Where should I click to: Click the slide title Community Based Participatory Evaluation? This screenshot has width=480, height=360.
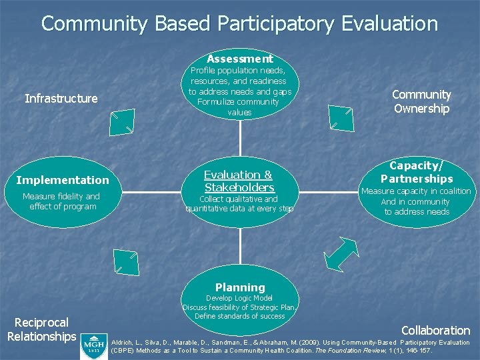point(239,24)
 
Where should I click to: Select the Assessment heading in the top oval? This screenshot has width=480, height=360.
point(239,59)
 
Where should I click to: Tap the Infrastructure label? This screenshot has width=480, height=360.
point(61,99)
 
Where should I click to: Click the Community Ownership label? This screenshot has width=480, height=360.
point(421,101)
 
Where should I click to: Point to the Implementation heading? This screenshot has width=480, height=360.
point(62,180)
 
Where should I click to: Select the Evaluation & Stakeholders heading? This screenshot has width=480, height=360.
point(239,181)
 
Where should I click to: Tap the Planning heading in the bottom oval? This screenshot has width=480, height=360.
point(239,287)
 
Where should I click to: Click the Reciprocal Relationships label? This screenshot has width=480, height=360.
point(41,330)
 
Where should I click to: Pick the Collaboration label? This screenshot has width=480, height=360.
point(435,330)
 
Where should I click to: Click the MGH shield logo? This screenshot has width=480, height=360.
point(93,345)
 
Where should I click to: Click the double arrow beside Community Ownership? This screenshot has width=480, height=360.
point(341,119)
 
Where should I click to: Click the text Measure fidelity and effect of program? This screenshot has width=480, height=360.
point(61,201)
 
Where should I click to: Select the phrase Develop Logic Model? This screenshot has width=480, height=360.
point(239,298)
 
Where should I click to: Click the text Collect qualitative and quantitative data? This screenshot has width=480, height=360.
point(239,204)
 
